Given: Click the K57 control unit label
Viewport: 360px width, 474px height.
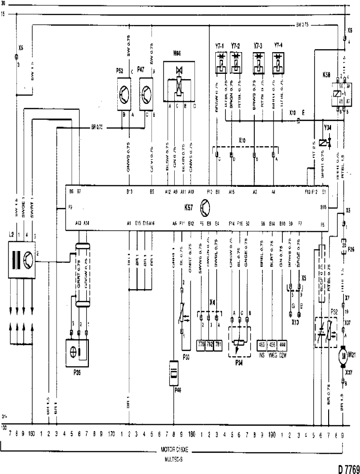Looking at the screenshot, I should click(x=189, y=206).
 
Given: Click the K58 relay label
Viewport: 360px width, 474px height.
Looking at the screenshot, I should click(x=326, y=76).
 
